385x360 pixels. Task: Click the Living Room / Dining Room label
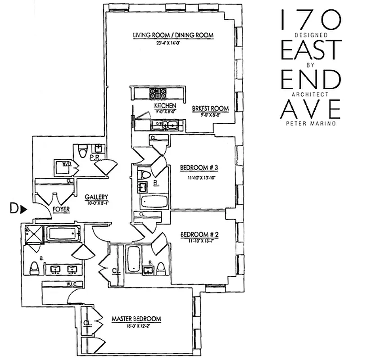tap(172, 36)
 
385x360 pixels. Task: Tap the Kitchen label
tap(161, 105)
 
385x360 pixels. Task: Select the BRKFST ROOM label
tap(210, 108)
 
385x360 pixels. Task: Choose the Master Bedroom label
tap(136, 319)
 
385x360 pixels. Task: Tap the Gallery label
tap(97, 197)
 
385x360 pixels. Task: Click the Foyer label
tap(61, 209)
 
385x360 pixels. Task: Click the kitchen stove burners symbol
tap(158, 93)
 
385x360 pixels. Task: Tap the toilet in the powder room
tap(82, 152)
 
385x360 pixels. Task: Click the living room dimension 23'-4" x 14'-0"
tap(172, 43)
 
